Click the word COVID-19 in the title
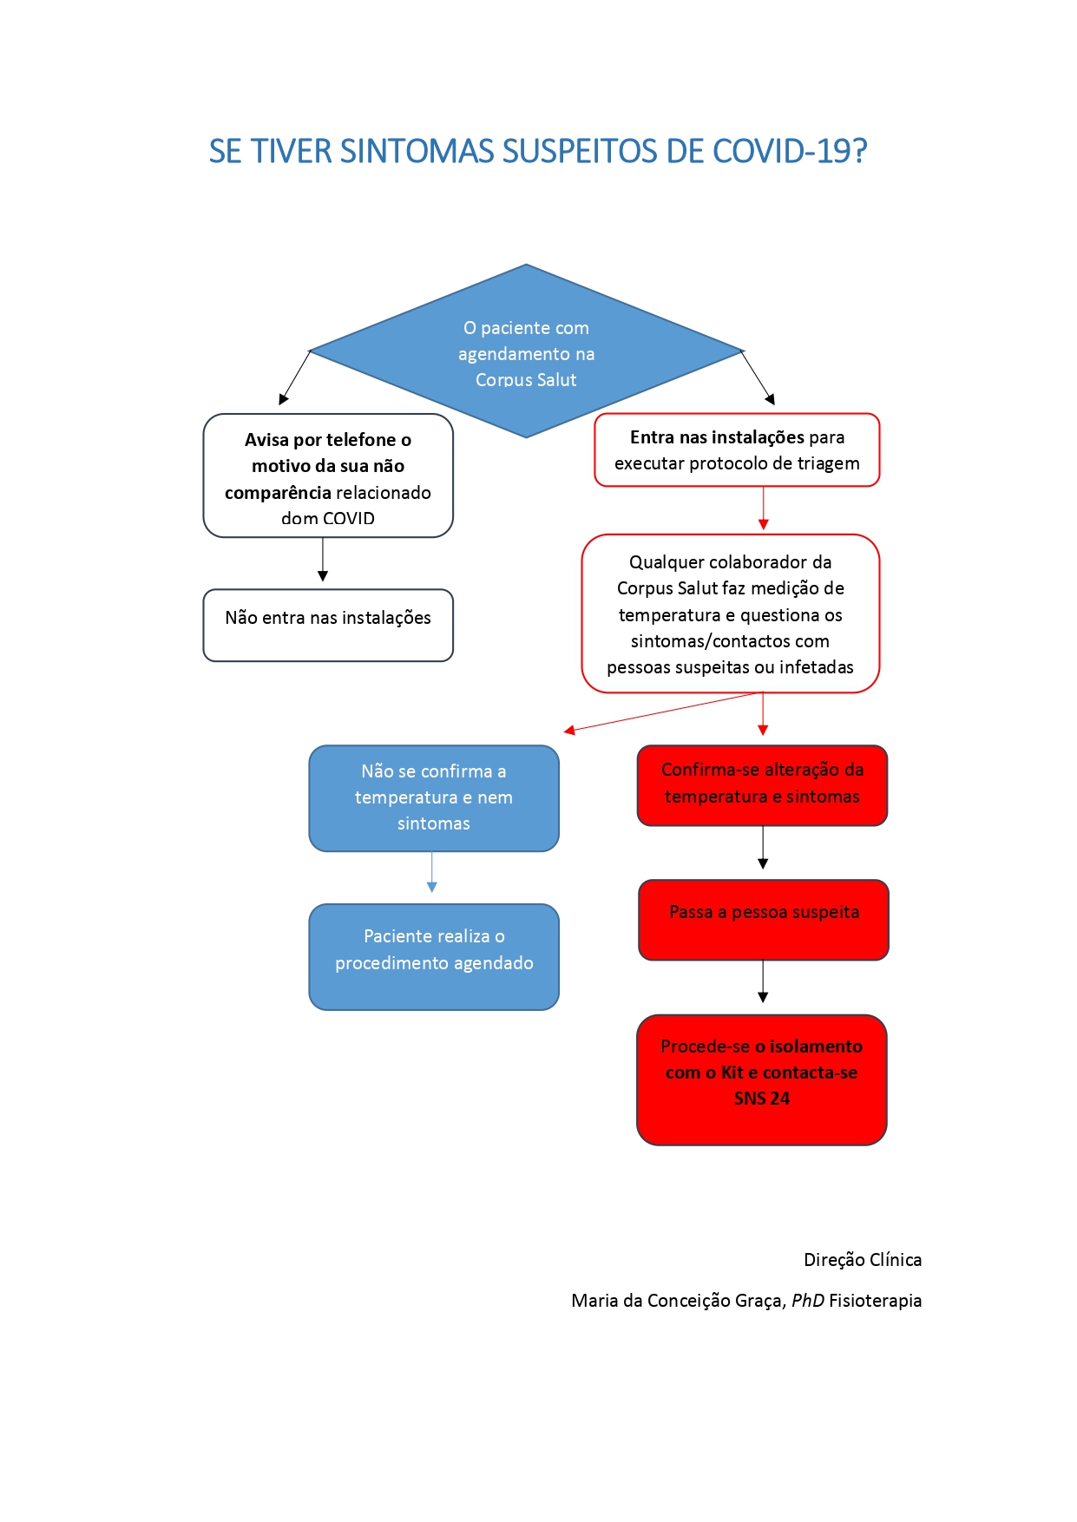click(790, 151)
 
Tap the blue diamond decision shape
click(526, 351)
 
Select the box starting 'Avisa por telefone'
click(328, 476)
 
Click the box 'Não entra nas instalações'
click(328, 625)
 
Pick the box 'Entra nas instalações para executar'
click(737, 449)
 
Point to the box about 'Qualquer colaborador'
click(730, 613)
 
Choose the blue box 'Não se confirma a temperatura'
click(434, 798)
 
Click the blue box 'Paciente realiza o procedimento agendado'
click(434, 957)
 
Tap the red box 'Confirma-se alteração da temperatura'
click(762, 785)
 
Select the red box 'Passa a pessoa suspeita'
click(764, 920)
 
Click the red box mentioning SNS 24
click(762, 1080)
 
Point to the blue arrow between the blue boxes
click(432, 872)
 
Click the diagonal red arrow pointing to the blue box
click(663, 712)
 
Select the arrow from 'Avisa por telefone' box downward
click(323, 560)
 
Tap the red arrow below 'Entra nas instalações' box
click(764, 508)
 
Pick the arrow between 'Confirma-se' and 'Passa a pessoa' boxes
click(763, 848)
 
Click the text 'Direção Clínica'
click(863, 1260)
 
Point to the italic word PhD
click(808, 1301)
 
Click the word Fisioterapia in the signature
click(876, 1301)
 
